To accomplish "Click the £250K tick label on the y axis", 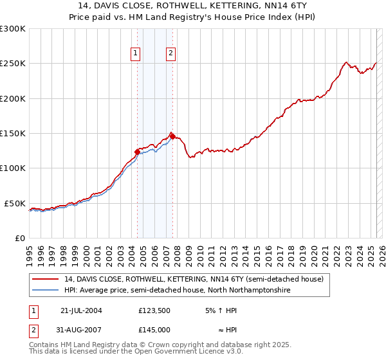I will coord(13,64).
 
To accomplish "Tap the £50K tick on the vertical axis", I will coord(15,203).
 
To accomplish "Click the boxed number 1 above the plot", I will coord(136,54).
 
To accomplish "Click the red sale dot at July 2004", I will coord(137,152).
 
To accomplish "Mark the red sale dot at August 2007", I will coord(172,137).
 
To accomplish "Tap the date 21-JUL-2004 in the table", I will coord(81,310).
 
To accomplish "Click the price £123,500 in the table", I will coord(154,310).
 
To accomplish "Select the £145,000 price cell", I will coord(154,330).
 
